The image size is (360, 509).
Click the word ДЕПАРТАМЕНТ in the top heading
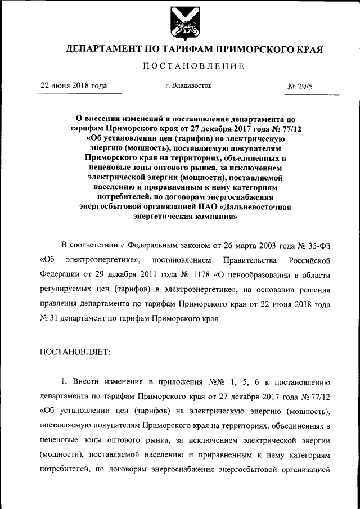(x=101, y=49)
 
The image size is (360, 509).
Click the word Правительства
(x=246, y=260)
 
